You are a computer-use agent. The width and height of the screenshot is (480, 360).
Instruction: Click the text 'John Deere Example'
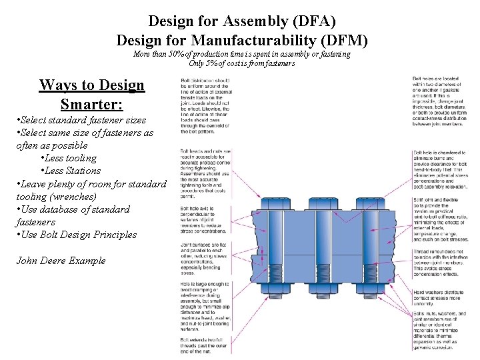pos(61,260)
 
